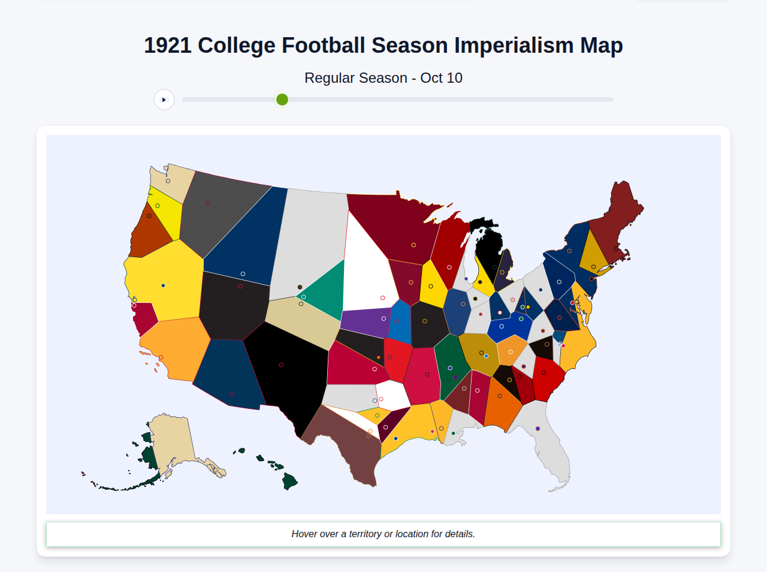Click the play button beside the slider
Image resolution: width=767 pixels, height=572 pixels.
click(164, 100)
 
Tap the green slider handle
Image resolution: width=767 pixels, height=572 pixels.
click(282, 100)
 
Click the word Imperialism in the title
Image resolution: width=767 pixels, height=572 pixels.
click(514, 46)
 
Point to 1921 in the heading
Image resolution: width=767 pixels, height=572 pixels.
click(167, 46)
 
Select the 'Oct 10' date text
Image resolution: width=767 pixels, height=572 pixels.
click(441, 78)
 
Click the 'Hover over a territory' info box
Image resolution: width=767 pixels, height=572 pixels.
click(383, 534)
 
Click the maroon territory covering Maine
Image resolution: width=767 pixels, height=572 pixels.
click(617, 222)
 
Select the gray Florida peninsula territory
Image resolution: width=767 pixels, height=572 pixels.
click(548, 444)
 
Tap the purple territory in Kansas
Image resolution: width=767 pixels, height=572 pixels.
click(366, 321)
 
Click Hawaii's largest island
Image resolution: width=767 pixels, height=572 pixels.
click(290, 481)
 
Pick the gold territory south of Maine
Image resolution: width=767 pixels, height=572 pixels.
click(593, 252)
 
